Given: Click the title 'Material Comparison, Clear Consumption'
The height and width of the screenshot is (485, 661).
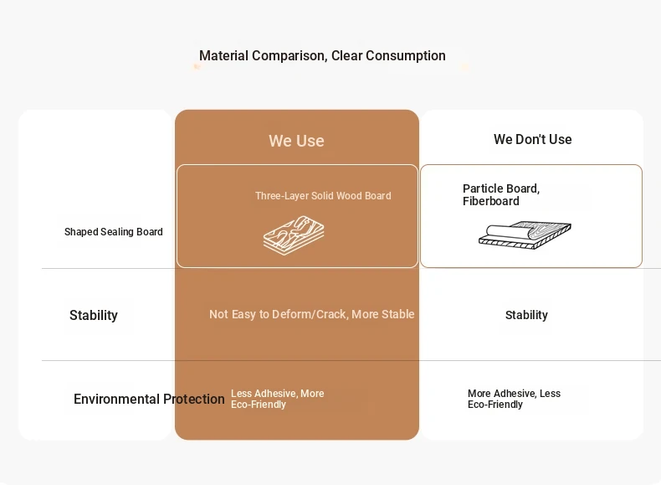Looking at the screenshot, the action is [x=322, y=56].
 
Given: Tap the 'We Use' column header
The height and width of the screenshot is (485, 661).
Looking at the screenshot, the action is [x=296, y=141].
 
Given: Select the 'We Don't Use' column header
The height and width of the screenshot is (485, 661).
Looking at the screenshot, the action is [x=532, y=139].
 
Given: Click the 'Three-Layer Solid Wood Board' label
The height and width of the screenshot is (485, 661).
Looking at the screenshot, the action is [x=323, y=196].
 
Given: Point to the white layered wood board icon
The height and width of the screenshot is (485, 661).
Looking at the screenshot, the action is [x=294, y=235].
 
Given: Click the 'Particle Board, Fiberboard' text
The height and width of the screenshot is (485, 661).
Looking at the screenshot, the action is [x=501, y=194].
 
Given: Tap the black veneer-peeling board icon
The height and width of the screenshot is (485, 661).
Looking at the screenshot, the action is [x=525, y=235].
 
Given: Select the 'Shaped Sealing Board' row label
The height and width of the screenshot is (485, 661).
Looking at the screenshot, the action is [x=114, y=232].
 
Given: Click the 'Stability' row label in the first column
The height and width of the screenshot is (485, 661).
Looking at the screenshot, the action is [x=94, y=315].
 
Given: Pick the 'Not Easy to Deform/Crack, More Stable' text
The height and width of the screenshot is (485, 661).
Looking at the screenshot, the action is [x=312, y=314].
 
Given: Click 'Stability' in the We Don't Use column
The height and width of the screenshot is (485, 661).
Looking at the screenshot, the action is [x=526, y=315].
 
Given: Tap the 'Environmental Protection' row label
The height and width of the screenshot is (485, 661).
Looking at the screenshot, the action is [x=149, y=399].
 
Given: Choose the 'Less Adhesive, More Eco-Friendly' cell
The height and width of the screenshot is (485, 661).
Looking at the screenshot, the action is [x=278, y=399].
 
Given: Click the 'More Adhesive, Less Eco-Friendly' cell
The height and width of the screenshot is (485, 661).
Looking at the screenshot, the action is [x=514, y=399].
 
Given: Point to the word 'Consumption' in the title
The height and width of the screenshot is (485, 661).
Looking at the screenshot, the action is [x=406, y=56].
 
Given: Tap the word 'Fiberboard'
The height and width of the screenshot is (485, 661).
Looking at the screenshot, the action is [x=490, y=201].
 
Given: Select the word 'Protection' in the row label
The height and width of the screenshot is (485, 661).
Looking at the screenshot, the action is [x=194, y=399].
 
